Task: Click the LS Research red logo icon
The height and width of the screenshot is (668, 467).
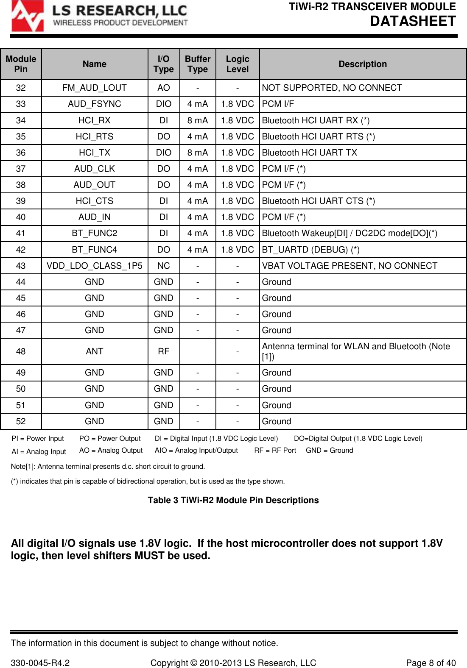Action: pyautogui.click(x=27, y=17)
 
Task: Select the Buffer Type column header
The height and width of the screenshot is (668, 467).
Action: pyautogui.click(x=198, y=64)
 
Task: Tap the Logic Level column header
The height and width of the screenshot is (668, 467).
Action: pyautogui.click(x=238, y=64)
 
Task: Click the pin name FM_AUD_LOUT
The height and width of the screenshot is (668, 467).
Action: pyautogui.click(x=94, y=88)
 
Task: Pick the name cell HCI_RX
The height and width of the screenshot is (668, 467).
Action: pyautogui.click(x=94, y=120)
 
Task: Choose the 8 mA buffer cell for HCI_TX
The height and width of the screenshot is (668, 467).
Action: pyautogui.click(x=198, y=153)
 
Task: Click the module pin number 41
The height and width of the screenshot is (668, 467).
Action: pyautogui.click(x=21, y=233)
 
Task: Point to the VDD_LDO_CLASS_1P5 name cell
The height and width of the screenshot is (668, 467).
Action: pyautogui.click(x=94, y=266)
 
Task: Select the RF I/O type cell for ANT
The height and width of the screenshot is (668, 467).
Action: pyautogui.click(x=163, y=351)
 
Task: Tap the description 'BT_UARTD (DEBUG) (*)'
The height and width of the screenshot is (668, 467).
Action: pyautogui.click(x=310, y=250)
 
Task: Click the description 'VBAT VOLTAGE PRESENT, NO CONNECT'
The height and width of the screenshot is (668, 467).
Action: pyautogui.click(x=350, y=266)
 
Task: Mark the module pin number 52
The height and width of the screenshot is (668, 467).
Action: pyautogui.click(x=21, y=421)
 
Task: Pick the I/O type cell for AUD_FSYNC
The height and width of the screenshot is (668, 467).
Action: pyautogui.click(x=163, y=104)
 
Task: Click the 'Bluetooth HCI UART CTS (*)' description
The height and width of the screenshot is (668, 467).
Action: pyautogui.click(x=318, y=201)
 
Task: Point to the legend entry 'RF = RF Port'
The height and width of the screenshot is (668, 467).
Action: pyautogui.click(x=275, y=450)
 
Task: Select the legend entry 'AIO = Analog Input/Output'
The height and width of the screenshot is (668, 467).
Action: pyautogui.click(x=196, y=450)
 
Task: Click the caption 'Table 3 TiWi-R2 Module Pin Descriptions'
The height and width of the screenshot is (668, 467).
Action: pyautogui.click(x=233, y=500)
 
